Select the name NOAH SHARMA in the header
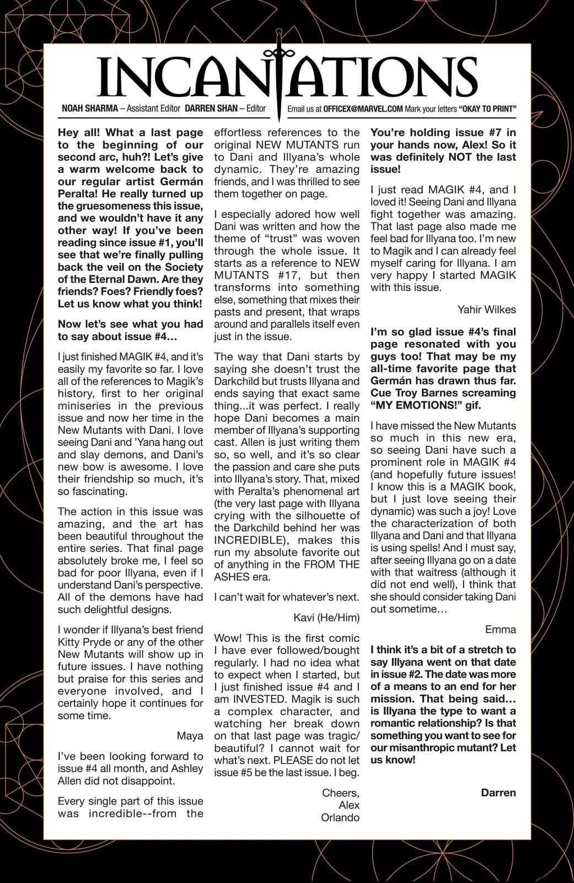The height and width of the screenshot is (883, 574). coord(89,109)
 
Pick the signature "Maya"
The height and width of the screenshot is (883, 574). coord(190,736)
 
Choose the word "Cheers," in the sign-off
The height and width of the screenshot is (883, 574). coord(341,793)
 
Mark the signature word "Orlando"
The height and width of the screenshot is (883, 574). coord(340,817)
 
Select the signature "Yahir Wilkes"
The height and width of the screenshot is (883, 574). coord(487,309)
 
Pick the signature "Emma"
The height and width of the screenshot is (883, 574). coord(501,629)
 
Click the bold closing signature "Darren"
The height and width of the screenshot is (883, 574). coord(498,792)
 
